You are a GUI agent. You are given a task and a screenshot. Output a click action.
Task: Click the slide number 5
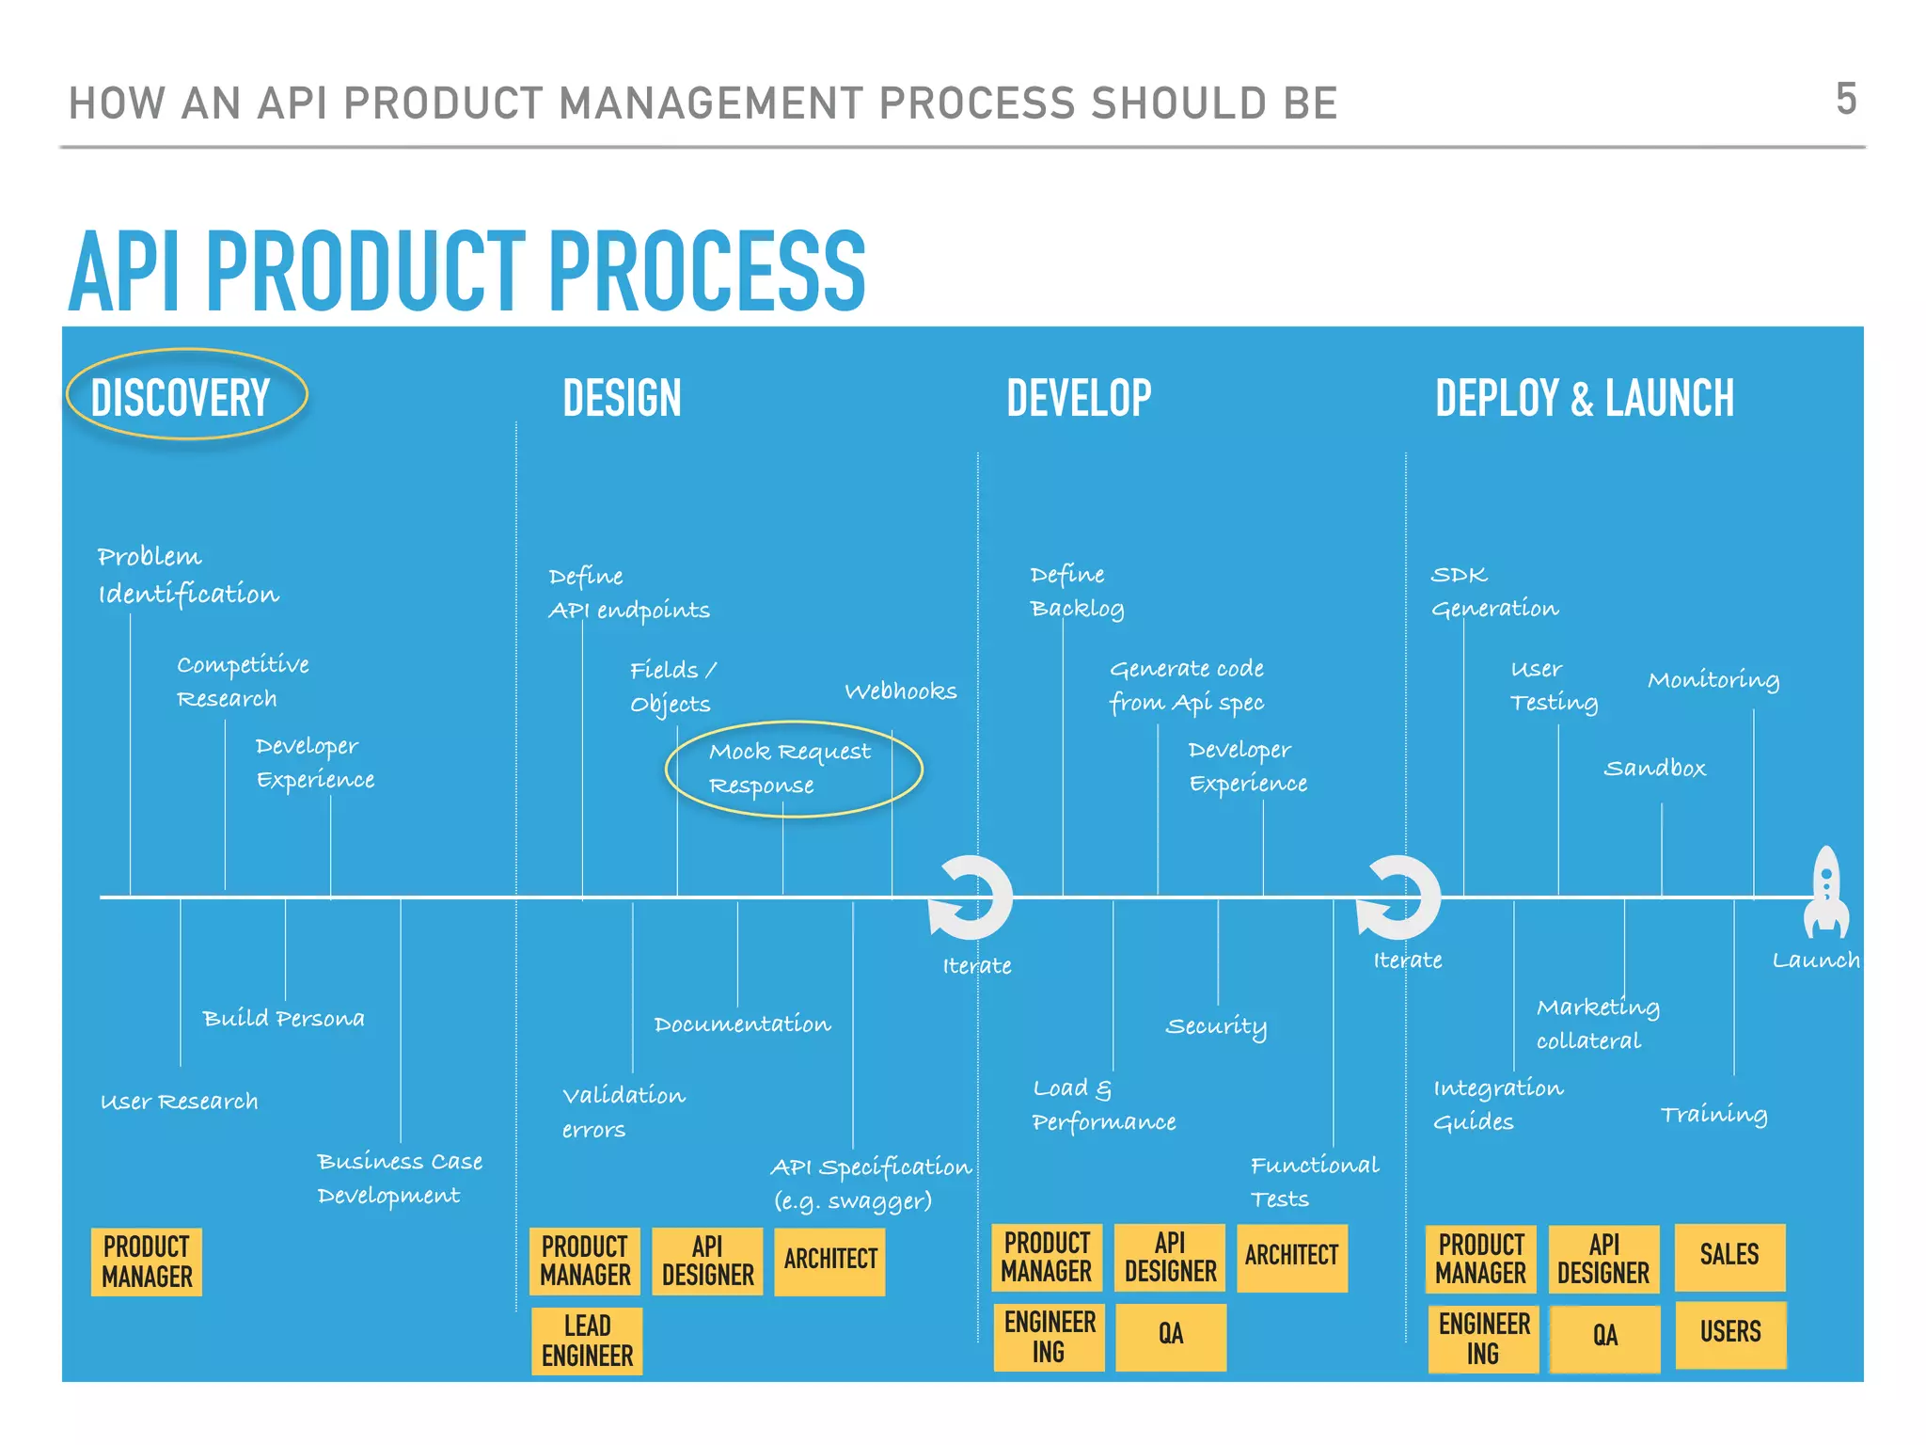point(1845,99)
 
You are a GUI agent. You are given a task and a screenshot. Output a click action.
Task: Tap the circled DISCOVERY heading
point(182,397)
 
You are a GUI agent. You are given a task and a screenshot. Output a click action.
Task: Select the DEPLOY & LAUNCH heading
point(1584,398)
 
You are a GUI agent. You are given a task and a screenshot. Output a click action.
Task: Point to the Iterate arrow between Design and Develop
point(971,898)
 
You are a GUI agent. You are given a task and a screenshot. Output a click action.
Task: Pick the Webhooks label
point(900,691)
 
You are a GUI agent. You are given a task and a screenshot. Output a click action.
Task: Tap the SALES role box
point(1729,1255)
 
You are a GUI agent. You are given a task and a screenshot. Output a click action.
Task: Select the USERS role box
point(1729,1333)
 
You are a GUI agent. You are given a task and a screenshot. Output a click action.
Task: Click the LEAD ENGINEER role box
point(587,1341)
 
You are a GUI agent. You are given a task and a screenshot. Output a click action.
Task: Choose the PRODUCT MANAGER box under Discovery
point(147,1262)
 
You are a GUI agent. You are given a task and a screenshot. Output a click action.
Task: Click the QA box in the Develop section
point(1171,1335)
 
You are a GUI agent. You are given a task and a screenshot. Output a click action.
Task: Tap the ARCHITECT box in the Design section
point(829,1260)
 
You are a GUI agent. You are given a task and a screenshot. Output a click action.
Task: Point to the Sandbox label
point(1654,769)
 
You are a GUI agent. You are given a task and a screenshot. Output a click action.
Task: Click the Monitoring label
point(1713,680)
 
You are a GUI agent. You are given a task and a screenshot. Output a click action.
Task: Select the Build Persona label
point(283,1019)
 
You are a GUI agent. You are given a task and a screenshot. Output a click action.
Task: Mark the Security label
point(1216,1026)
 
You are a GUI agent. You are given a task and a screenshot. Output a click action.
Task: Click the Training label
point(1713,1115)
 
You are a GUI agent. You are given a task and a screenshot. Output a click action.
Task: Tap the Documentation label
point(742,1024)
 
